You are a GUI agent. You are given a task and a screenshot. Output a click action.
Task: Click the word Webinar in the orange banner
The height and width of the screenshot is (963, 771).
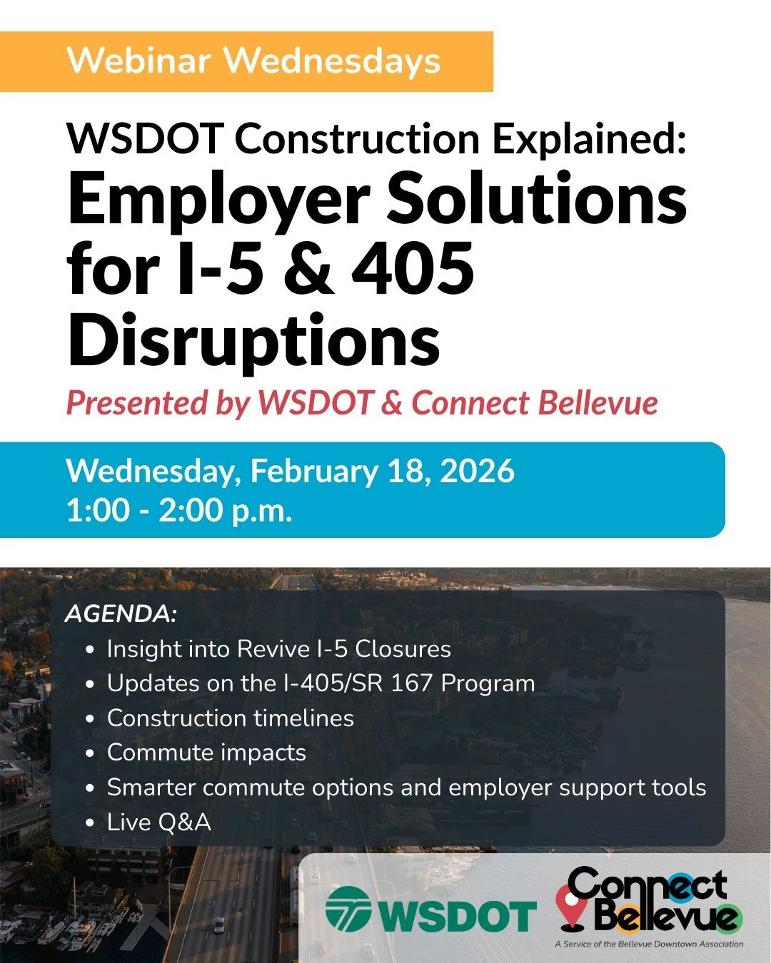tap(139, 61)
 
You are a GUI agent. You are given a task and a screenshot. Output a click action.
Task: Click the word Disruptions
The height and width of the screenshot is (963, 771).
tap(253, 341)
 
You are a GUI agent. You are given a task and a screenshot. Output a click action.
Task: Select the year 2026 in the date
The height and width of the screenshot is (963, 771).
tap(477, 472)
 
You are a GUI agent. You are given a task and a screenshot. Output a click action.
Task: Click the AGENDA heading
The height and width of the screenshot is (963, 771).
tap(121, 613)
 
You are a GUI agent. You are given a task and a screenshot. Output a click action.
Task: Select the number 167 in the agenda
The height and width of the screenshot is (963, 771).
tap(411, 683)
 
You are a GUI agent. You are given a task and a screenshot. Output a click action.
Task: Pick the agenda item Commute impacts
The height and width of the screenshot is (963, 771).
tap(206, 753)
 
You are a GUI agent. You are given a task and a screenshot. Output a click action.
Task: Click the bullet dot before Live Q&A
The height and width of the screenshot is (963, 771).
tap(89, 822)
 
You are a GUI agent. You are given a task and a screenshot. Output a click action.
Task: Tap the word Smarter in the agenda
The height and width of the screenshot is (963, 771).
tap(151, 788)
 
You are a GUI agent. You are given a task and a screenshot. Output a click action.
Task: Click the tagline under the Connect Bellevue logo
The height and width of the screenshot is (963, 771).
tap(648, 944)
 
